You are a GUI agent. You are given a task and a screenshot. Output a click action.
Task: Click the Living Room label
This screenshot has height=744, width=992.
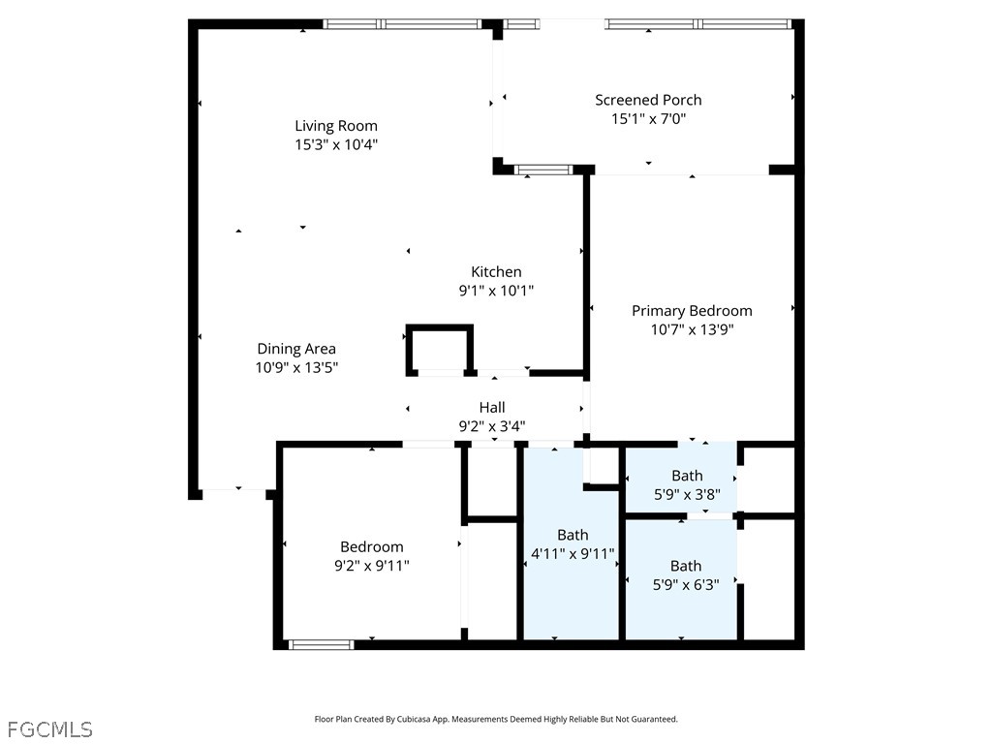[x=336, y=126]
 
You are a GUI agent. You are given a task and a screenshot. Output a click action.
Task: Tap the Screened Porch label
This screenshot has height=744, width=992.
[x=648, y=100]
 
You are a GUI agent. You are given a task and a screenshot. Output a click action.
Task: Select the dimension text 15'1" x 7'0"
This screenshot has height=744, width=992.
[x=648, y=119]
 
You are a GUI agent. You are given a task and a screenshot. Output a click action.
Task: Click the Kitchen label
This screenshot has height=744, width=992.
[x=496, y=272]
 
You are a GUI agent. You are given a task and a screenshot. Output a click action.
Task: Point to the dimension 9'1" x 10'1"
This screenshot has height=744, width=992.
[x=496, y=291]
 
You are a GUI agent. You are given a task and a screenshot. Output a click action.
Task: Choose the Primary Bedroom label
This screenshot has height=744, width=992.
[x=692, y=311]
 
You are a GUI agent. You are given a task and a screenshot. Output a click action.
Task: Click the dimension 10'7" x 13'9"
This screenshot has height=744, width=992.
[x=692, y=329]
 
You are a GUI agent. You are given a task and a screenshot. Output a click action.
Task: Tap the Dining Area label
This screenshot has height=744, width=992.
[x=296, y=349]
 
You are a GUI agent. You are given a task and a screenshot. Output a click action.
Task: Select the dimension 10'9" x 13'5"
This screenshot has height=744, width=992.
[x=296, y=367]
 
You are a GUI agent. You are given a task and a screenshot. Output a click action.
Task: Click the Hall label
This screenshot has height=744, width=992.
[x=492, y=407]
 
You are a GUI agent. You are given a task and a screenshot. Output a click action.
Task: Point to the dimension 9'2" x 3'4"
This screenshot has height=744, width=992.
[x=492, y=425]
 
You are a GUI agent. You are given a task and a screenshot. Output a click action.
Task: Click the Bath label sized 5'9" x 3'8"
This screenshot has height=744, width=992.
[x=687, y=476]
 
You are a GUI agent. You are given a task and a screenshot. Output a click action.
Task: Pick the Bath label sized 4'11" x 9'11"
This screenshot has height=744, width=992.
[x=573, y=535]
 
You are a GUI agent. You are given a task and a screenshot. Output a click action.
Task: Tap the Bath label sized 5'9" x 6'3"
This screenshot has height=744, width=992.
[x=686, y=566]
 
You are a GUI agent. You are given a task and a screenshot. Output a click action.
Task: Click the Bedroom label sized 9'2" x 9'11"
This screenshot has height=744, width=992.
[x=371, y=547]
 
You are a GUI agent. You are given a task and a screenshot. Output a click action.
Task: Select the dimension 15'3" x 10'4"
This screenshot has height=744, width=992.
[x=336, y=144]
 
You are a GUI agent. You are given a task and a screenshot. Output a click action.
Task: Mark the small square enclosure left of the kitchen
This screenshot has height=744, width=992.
[x=439, y=350]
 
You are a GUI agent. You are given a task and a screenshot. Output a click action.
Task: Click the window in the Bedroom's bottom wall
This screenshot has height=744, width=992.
[x=322, y=643]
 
